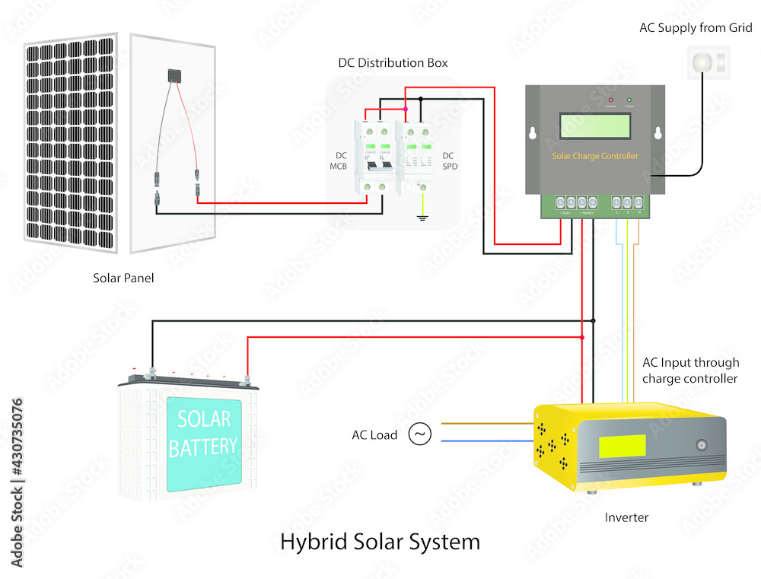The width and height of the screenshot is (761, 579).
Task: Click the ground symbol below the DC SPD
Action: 421,220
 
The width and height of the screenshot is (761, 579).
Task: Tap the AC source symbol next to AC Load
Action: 419,434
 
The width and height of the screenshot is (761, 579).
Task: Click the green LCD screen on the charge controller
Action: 594,125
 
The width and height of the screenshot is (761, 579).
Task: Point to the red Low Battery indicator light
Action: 610,100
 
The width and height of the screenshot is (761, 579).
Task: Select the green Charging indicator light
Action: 629,100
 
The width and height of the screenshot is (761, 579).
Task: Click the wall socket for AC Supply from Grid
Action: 708,62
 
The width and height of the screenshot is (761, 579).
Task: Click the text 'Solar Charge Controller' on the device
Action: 594,156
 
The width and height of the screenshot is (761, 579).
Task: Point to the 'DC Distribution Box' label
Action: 393,62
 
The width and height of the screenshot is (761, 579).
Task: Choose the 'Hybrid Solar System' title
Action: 380,542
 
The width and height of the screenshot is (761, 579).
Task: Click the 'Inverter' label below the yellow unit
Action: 626,517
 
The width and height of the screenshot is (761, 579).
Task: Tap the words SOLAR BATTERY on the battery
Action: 203,434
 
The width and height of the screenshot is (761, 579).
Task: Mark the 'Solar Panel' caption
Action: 123,278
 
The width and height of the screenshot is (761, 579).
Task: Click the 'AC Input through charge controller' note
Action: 689,371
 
